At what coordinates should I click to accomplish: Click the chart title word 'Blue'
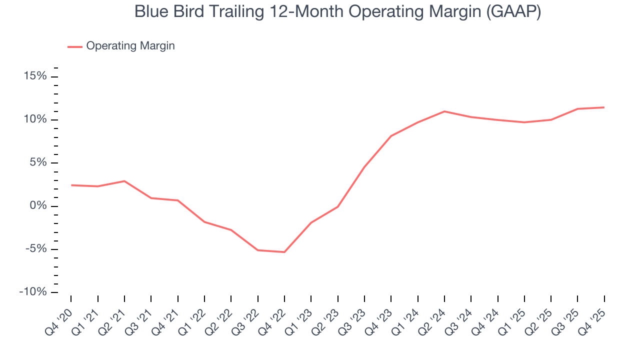point(150,12)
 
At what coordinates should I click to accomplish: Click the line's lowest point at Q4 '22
point(284,252)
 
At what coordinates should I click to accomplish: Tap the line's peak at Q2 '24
point(444,111)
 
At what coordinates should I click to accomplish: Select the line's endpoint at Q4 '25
point(604,107)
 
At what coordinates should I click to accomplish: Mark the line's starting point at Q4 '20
point(71,185)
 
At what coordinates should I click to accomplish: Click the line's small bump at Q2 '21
point(124,181)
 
